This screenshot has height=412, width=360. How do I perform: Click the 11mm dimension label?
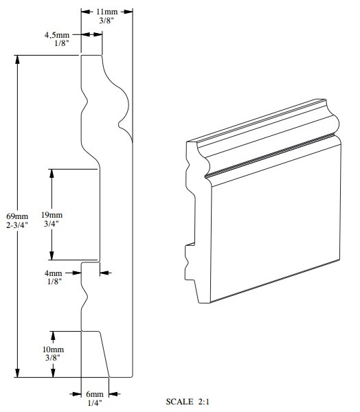[x=106, y=12]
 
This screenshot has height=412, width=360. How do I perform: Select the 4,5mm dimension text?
[x=57, y=35]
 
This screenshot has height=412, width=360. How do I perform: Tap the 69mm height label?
[x=17, y=216]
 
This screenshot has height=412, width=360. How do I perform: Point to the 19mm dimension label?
[x=52, y=215]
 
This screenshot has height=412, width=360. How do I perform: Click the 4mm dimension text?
[x=53, y=273]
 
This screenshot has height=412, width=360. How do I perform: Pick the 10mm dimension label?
[x=53, y=350]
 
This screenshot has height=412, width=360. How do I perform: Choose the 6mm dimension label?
[x=95, y=394]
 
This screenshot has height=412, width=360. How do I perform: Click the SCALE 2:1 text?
[x=188, y=402]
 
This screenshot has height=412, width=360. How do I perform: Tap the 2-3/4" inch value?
[x=17, y=225]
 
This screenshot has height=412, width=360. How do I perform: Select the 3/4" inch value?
[x=52, y=224]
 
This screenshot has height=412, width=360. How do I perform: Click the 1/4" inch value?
[x=94, y=402]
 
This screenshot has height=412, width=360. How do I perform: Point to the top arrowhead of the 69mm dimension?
[x=17, y=60]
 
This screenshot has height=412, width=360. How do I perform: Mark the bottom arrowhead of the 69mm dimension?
[x=17, y=373]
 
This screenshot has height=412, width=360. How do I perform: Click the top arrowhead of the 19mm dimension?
[x=52, y=174]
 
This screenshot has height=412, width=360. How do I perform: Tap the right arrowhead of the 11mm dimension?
[x=128, y=12]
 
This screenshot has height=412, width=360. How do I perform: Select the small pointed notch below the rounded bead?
[x=120, y=124]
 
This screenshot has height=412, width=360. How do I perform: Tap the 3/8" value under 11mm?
[x=106, y=21]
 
